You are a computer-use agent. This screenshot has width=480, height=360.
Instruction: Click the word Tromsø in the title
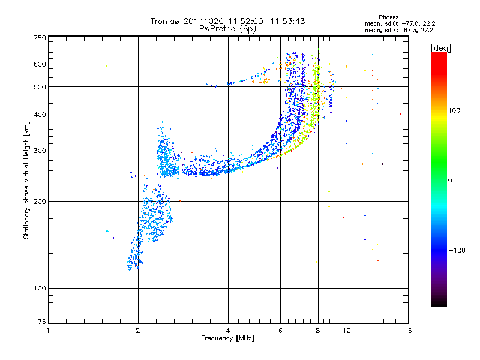(166, 21)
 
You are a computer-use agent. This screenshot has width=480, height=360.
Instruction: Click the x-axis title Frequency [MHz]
(227, 338)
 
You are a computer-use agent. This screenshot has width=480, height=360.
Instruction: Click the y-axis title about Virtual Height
(26, 180)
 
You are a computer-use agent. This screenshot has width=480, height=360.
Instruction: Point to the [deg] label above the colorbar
(441, 47)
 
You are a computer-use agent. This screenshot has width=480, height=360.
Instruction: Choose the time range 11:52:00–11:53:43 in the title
(262, 21)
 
